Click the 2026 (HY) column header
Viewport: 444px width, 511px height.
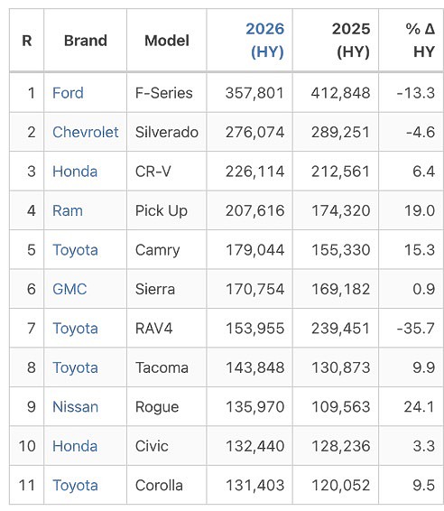coord(264,41)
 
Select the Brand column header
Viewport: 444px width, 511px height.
coord(86,41)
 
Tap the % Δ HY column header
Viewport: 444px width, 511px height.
coord(421,41)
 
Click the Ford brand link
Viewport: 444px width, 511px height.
coord(68,93)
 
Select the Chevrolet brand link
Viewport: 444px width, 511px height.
coord(86,132)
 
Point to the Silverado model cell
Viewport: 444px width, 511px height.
coord(167,132)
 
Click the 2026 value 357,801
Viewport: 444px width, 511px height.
coord(254,93)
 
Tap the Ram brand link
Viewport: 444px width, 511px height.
coord(68,210)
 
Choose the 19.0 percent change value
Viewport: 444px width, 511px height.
coord(420,210)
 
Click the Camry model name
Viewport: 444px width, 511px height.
coord(157,250)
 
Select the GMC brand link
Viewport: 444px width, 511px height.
coord(69,289)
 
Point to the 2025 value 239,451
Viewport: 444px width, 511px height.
coord(340,328)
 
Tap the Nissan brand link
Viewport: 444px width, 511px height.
coord(75,406)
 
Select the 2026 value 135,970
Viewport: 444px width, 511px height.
coord(255,406)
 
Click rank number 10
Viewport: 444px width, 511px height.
coord(27,446)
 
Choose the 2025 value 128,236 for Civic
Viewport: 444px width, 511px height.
coord(341,446)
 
